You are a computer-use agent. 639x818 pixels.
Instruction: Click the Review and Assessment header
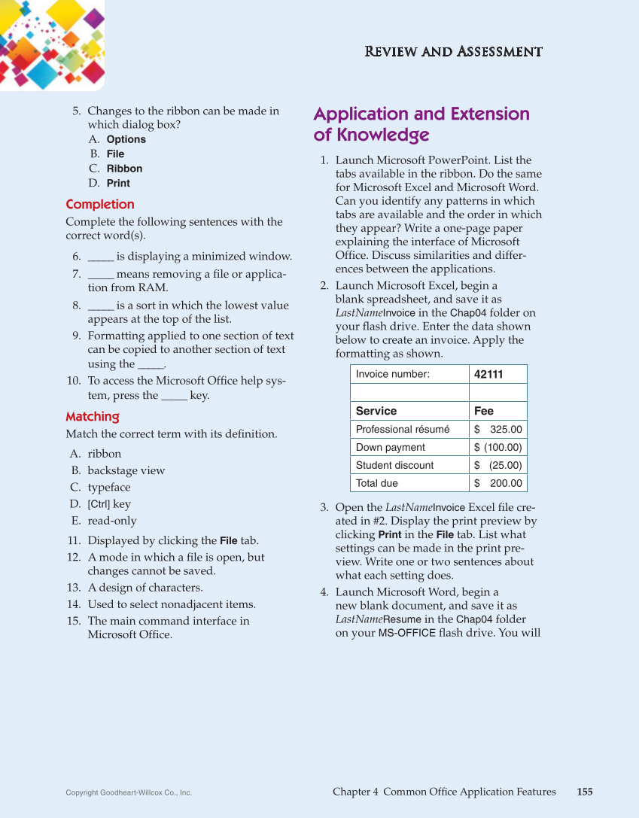tap(453, 52)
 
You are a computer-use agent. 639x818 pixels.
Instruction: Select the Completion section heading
tap(100, 205)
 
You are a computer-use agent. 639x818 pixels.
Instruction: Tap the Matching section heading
tap(93, 417)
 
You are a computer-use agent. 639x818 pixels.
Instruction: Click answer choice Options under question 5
tap(126, 139)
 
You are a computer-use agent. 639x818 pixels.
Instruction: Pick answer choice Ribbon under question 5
tap(124, 169)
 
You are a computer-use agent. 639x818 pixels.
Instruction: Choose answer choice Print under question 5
tap(118, 183)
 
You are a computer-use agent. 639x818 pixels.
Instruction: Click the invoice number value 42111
tap(488, 375)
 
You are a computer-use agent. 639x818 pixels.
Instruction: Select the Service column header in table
tap(376, 411)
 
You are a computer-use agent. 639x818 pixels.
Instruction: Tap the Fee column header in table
tap(484, 411)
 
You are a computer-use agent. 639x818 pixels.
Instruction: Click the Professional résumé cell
tap(403, 429)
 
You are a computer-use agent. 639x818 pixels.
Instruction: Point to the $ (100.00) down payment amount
tap(498, 447)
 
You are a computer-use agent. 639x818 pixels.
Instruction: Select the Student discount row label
tap(394, 465)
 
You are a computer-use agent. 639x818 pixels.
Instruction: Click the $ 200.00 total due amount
tap(498, 483)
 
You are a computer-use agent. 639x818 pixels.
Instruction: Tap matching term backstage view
tap(126, 471)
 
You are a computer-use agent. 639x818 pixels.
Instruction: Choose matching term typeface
tap(109, 488)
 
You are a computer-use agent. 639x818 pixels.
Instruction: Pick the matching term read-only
tap(112, 521)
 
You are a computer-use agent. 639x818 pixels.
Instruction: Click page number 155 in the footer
tap(585, 792)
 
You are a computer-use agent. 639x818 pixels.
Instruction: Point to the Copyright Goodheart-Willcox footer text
tap(129, 792)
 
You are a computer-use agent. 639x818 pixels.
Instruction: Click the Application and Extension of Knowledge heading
tap(421, 124)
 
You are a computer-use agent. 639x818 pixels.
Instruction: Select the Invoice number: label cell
tap(393, 375)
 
